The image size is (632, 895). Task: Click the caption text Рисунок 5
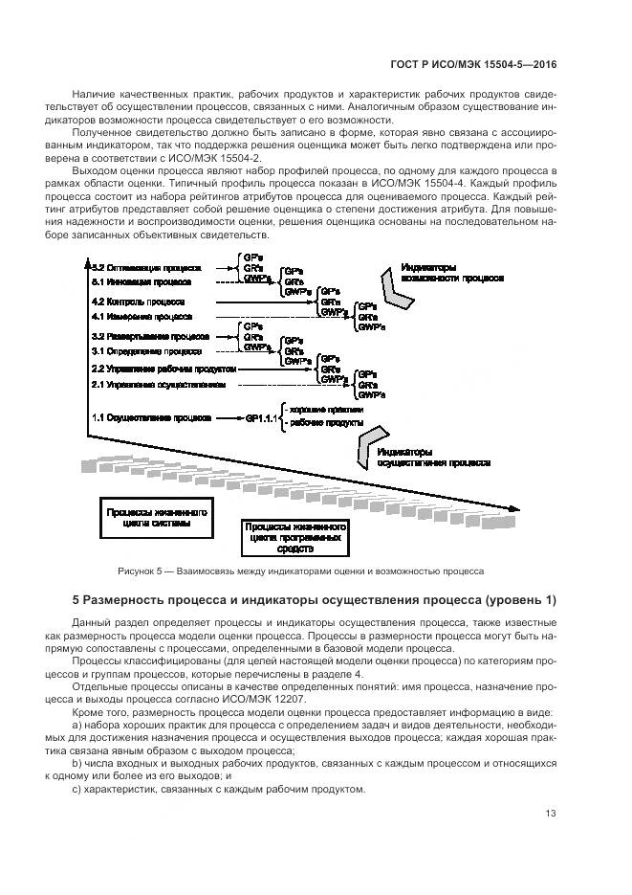pyautogui.click(x=142, y=571)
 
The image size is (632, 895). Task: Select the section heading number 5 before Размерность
pyautogui.click(x=77, y=600)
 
